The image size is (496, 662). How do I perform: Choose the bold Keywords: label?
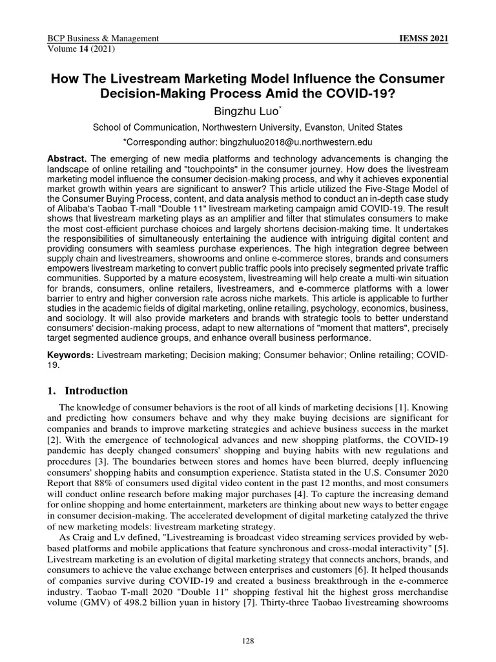pyautogui.click(x=71, y=357)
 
